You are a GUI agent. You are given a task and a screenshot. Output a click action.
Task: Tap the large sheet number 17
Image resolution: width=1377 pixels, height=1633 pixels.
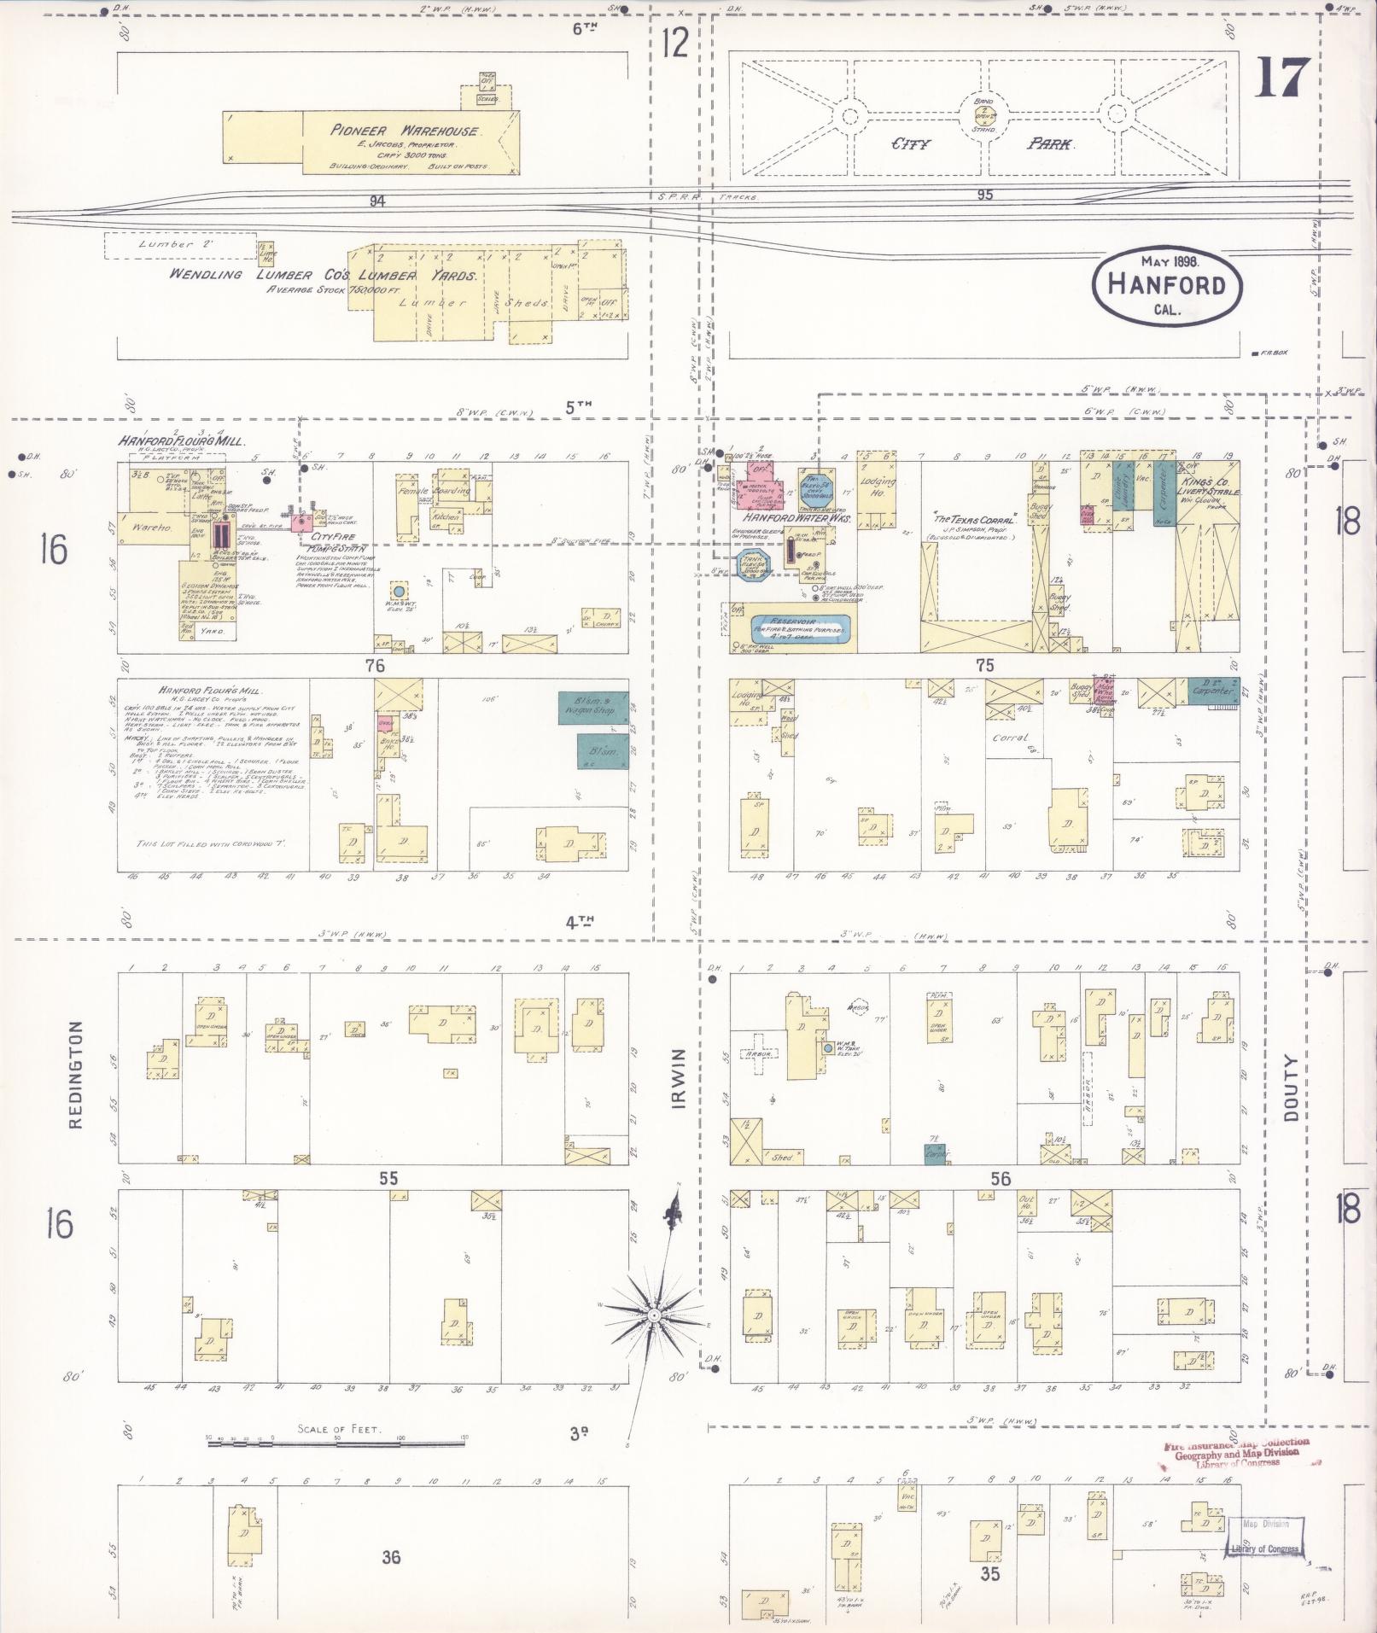1282,79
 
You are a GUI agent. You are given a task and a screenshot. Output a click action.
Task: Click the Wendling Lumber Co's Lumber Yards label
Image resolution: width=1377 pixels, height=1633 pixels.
323,276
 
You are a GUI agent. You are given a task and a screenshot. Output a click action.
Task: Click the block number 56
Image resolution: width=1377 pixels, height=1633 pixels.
1000,1179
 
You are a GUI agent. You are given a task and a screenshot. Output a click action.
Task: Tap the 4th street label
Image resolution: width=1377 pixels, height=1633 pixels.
579,919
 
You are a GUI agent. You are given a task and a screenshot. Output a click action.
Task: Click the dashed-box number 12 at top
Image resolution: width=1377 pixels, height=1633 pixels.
674,42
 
